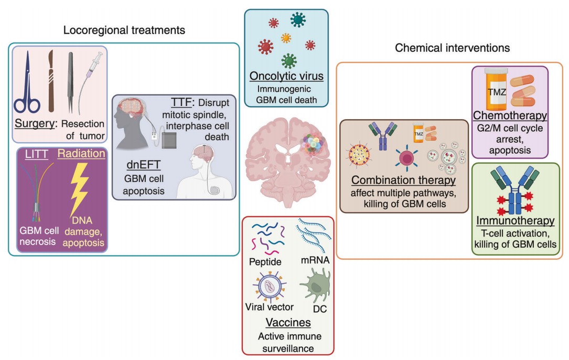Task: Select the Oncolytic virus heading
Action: click(x=286, y=77)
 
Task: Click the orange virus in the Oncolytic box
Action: click(x=286, y=38)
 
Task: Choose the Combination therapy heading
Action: click(x=402, y=181)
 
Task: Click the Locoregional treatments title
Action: click(x=124, y=30)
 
